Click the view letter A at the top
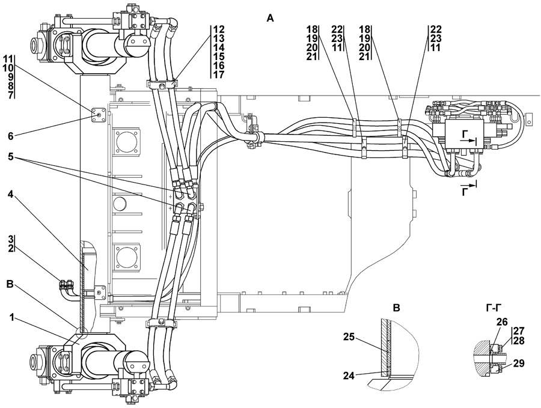coord(270,19)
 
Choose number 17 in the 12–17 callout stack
coord(218,75)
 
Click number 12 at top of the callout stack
coord(218,28)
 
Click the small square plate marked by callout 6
coord(97,112)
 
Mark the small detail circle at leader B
coord(81,331)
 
